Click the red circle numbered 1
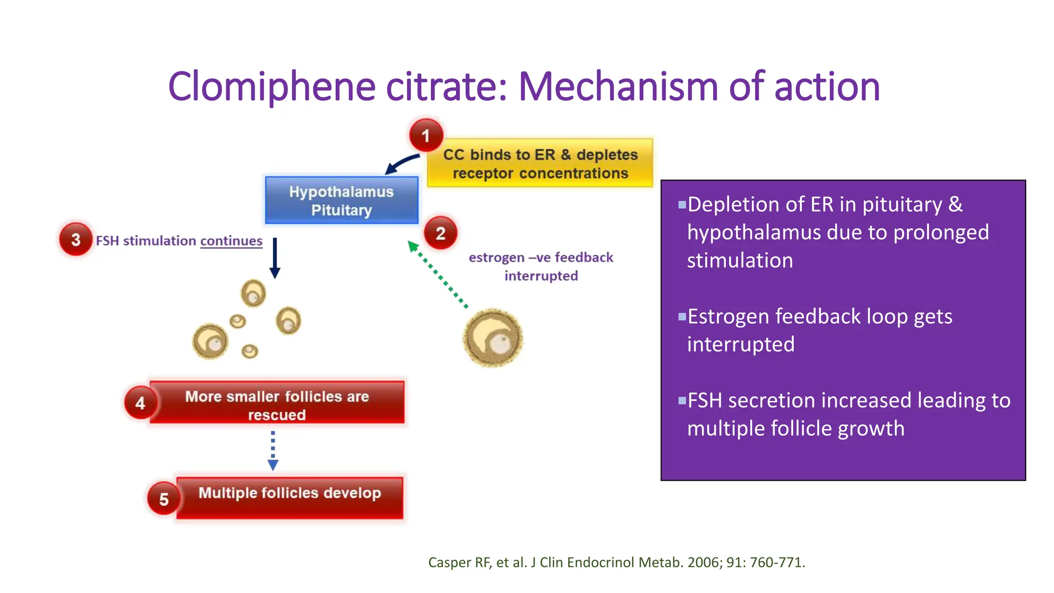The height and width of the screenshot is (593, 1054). tap(426, 135)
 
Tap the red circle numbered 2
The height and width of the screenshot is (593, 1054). tap(441, 233)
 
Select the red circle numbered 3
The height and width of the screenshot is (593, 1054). tap(76, 239)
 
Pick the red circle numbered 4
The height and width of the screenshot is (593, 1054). tap(140, 403)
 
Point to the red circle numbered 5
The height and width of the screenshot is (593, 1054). tap(164, 499)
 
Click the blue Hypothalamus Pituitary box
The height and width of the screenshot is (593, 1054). tap(341, 200)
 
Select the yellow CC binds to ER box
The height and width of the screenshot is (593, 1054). tap(540, 163)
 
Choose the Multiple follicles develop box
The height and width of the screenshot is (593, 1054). tap(290, 497)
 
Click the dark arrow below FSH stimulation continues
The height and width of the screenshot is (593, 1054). tap(275, 258)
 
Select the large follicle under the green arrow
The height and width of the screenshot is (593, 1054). tap(493, 338)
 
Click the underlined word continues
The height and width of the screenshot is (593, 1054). tap(231, 241)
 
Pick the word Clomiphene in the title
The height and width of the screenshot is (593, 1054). tap(271, 86)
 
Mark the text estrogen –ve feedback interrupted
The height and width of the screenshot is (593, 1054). tap(541, 266)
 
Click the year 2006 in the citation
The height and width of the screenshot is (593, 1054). tap(705, 562)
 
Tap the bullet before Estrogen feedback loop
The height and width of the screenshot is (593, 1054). tap(682, 317)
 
